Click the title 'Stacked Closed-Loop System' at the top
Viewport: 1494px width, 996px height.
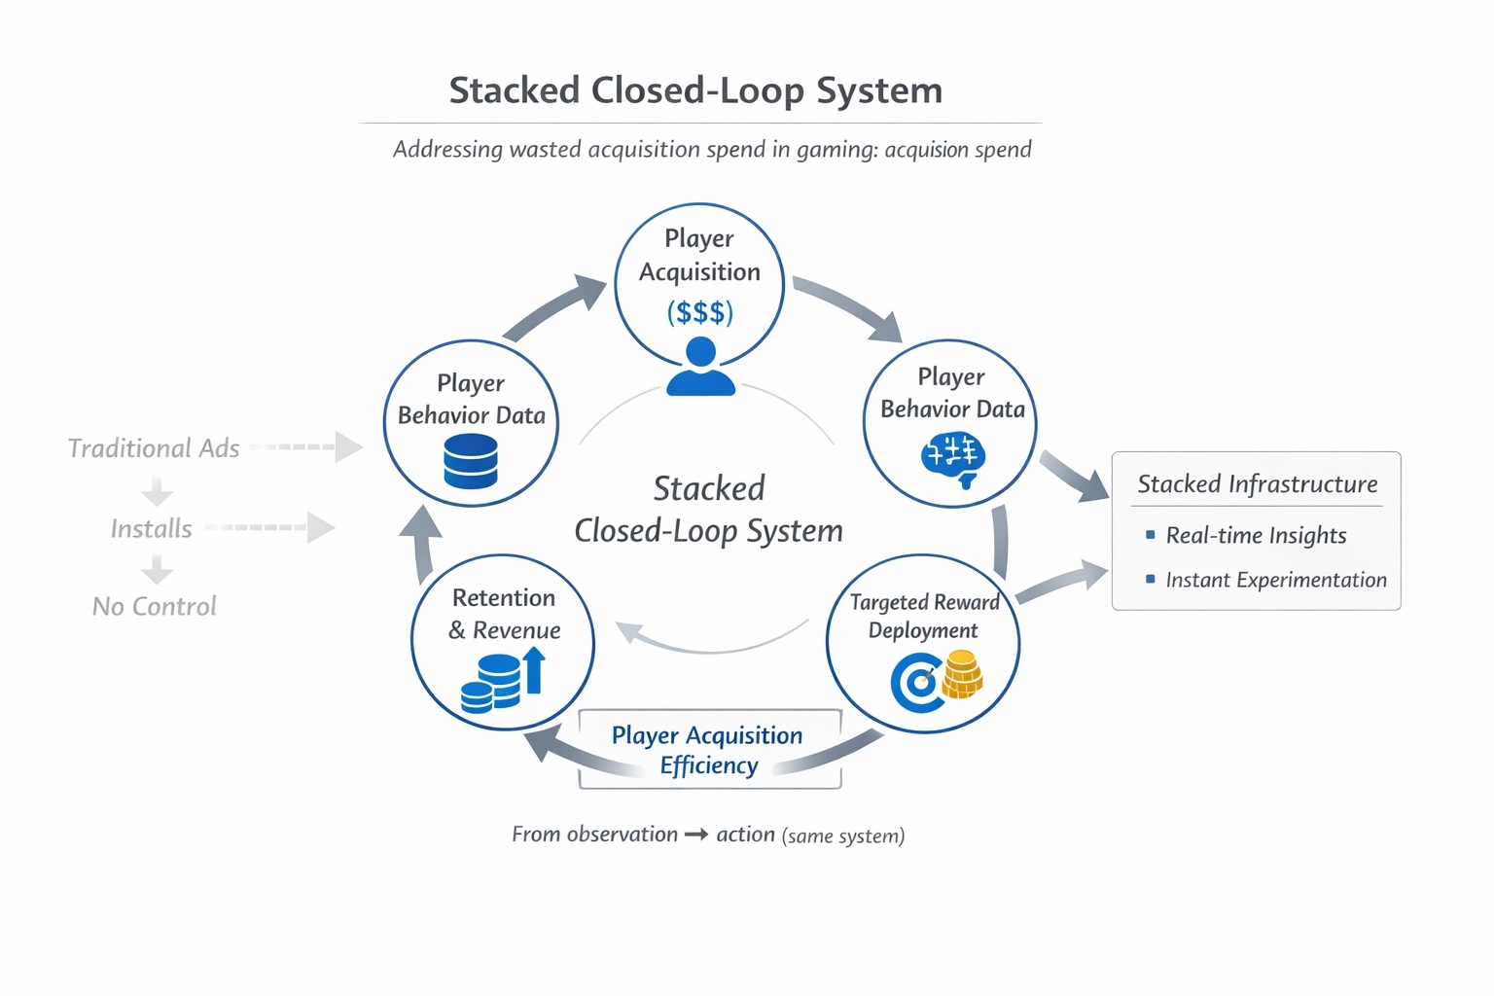pyautogui.click(x=695, y=90)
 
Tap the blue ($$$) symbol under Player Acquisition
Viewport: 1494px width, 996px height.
pyautogui.click(x=699, y=312)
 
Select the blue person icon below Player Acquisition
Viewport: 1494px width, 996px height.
pyautogui.click(x=700, y=367)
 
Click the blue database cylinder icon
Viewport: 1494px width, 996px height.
pyautogui.click(x=471, y=461)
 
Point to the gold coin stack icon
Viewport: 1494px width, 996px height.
pyautogui.click(x=963, y=674)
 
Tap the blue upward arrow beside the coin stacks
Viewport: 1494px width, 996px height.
pyautogui.click(x=534, y=670)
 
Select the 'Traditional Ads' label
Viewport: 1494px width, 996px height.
pyautogui.click(x=154, y=448)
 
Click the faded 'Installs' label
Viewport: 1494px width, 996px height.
pyautogui.click(x=152, y=529)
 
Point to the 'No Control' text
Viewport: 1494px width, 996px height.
pyautogui.click(x=155, y=607)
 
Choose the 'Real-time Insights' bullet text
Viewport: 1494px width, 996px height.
pyautogui.click(x=1256, y=536)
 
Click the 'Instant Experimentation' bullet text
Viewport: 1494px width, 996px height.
pyautogui.click(x=1276, y=581)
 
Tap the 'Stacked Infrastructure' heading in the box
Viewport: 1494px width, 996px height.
pyautogui.click(x=1258, y=484)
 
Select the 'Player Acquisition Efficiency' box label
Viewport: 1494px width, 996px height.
pyautogui.click(x=708, y=750)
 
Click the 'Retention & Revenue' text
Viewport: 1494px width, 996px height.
pyautogui.click(x=504, y=614)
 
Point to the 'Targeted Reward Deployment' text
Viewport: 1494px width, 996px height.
pyautogui.click(x=924, y=616)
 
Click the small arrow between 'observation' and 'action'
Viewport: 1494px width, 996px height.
pyautogui.click(x=696, y=835)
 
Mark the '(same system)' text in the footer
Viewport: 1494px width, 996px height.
pyautogui.click(x=843, y=836)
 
